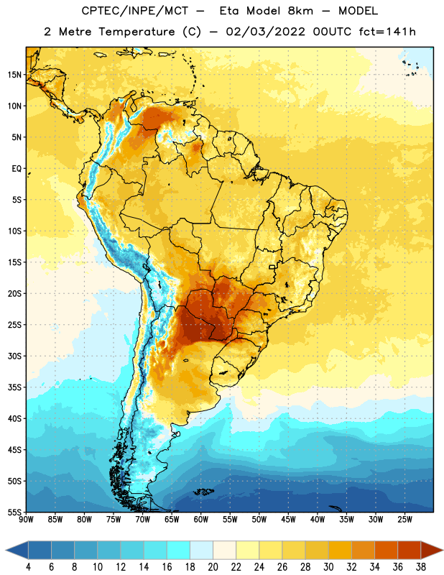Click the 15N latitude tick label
[14, 75]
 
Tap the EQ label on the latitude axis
[17, 169]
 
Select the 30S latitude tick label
[14, 356]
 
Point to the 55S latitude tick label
[14, 512]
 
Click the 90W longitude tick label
[26, 519]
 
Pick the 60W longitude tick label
[201, 519]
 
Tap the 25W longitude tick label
[404, 519]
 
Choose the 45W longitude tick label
[288, 519]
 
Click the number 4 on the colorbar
[28, 567]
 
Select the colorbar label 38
[421, 567]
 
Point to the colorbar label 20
[213, 567]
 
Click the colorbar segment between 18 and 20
[202, 550]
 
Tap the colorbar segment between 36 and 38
[410, 550]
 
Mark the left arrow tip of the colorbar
[6, 550]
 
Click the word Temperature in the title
[137, 32]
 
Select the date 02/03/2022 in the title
[265, 32]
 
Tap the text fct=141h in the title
[387, 32]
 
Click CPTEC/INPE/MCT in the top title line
[134, 11]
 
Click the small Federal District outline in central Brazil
[272, 267]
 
